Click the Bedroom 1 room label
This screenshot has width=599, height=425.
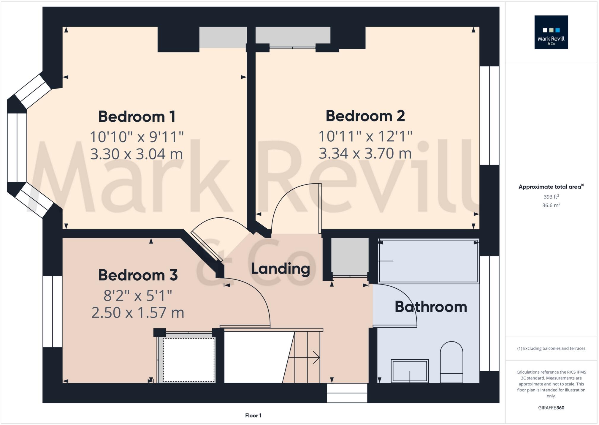137,116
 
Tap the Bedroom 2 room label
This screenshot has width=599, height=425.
365,116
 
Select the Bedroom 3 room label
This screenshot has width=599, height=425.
138,275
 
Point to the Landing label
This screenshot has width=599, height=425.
281,268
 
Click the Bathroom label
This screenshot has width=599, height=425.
431,307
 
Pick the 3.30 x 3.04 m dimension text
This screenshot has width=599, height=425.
137,154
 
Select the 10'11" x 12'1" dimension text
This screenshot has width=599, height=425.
365,136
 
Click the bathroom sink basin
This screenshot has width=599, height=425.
410,370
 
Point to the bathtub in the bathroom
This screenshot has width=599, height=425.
428,261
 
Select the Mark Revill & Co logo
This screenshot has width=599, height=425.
551,32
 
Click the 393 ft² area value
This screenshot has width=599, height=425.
551,197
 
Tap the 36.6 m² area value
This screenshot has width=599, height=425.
551,205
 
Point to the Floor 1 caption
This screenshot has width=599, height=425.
253,415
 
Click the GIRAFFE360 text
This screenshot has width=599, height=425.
551,408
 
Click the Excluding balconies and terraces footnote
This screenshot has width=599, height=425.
551,348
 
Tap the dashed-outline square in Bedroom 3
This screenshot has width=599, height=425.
189,360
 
